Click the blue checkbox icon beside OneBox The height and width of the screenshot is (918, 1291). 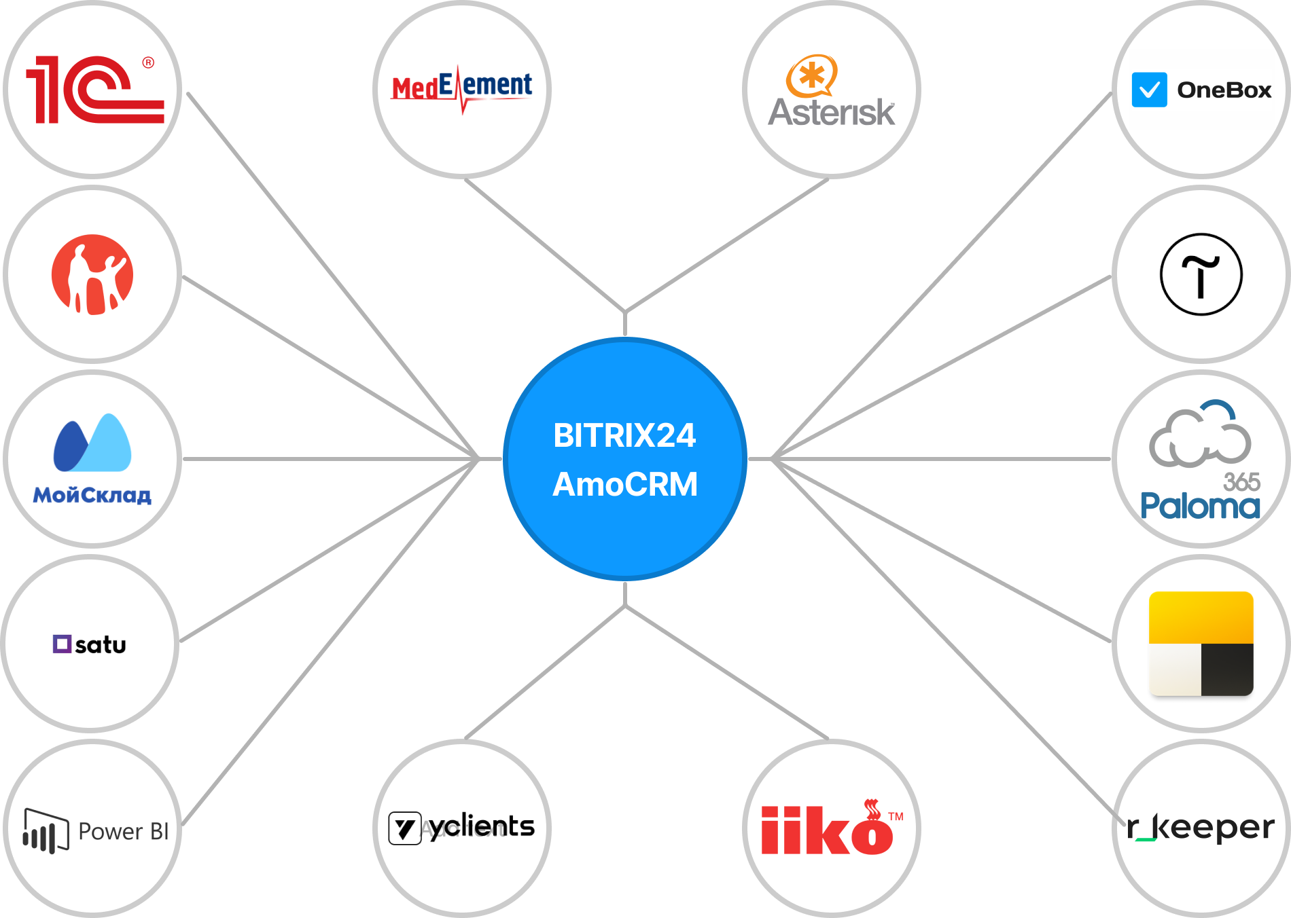tap(1149, 90)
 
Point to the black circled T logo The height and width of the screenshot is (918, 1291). tap(1201, 274)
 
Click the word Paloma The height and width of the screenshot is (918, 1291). tap(1200, 507)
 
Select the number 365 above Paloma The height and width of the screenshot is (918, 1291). tap(1241, 482)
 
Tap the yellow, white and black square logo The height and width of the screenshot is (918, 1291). tap(1201, 644)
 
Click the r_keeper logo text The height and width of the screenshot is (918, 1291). tap(1201, 828)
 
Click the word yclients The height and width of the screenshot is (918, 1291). tap(482, 826)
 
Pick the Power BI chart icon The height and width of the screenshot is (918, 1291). tap(46, 830)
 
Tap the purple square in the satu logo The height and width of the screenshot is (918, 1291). tap(62, 644)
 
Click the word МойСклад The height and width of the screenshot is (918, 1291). tap(92, 496)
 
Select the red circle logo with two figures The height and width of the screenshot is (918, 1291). tap(92, 274)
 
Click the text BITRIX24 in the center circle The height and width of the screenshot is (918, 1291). tap(624, 436)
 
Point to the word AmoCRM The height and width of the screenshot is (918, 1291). tap(624, 485)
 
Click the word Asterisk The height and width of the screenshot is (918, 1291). tap(831, 113)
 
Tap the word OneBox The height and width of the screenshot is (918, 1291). tap(1224, 90)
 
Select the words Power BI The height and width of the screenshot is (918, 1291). tap(123, 831)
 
